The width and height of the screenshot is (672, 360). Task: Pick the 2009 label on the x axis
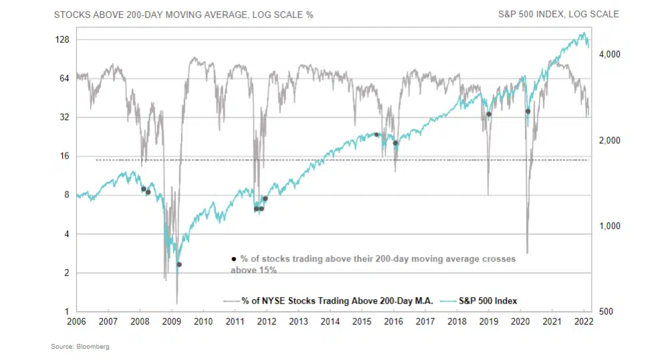pyautogui.click(x=172, y=322)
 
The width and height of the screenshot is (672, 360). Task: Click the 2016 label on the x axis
pyautogui.click(x=394, y=322)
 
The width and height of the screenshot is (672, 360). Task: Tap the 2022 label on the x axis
pyautogui.click(x=584, y=322)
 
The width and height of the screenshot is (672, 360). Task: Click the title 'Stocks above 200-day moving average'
pyautogui.click(x=183, y=14)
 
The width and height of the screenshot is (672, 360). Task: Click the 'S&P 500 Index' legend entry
pyautogui.click(x=487, y=301)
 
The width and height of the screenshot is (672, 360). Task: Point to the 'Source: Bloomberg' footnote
pyautogui.click(x=80, y=347)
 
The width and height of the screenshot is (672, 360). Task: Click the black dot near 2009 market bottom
pyautogui.click(x=179, y=264)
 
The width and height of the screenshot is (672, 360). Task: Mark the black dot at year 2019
pyautogui.click(x=489, y=114)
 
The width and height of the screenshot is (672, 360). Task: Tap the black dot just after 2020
pyautogui.click(x=528, y=111)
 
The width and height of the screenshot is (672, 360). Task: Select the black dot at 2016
pyautogui.click(x=395, y=143)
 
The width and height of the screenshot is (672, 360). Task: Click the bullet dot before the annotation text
pyautogui.click(x=233, y=259)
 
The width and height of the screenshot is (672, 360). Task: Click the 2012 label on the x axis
pyautogui.click(x=267, y=322)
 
